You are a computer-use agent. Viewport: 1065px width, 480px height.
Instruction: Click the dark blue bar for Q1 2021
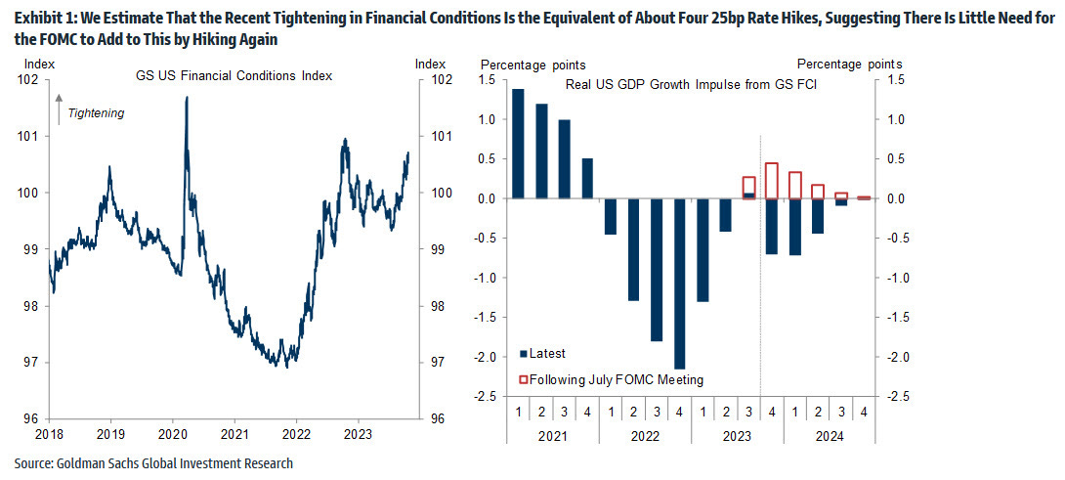[x=518, y=144]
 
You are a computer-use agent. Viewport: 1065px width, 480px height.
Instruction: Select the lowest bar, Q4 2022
[x=680, y=284]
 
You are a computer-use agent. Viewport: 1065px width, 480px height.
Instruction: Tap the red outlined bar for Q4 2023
[x=772, y=181]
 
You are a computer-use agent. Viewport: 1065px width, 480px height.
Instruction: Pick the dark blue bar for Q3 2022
[x=657, y=270]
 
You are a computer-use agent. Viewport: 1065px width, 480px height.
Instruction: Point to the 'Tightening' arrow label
[x=95, y=112]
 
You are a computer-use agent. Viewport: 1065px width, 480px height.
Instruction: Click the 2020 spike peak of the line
[x=186, y=99]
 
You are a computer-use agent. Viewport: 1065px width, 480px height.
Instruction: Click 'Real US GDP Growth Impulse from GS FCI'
[x=691, y=85]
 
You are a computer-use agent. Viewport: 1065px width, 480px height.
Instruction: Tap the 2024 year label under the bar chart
[x=830, y=436]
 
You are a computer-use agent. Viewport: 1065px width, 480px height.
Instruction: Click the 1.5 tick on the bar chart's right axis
[x=892, y=80]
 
